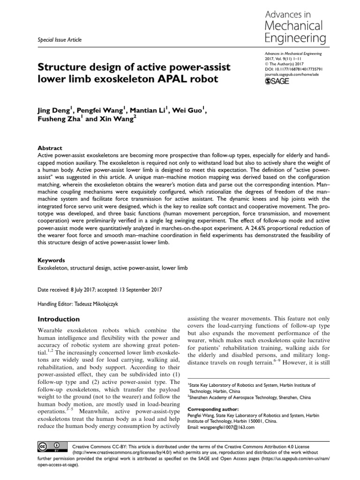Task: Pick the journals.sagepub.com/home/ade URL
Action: click(x=294, y=74)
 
